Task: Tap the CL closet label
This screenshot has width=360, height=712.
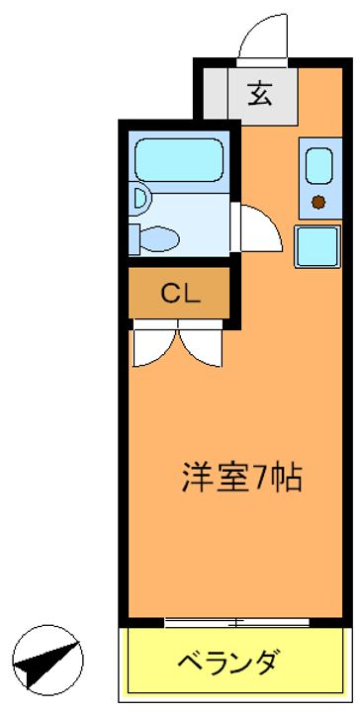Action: point(181,295)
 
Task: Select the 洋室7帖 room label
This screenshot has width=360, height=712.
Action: point(242,478)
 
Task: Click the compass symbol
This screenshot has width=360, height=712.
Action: point(47,661)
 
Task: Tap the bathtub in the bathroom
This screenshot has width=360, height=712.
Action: point(179,160)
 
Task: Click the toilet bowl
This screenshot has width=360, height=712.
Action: point(158,238)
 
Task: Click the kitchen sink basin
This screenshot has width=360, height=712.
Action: point(318,167)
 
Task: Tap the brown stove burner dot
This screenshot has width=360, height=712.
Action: point(318,202)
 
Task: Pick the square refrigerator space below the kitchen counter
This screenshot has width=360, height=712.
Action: point(317,246)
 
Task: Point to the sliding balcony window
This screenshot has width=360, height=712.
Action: point(236,623)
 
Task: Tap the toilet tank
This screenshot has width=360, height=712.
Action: point(135,239)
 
